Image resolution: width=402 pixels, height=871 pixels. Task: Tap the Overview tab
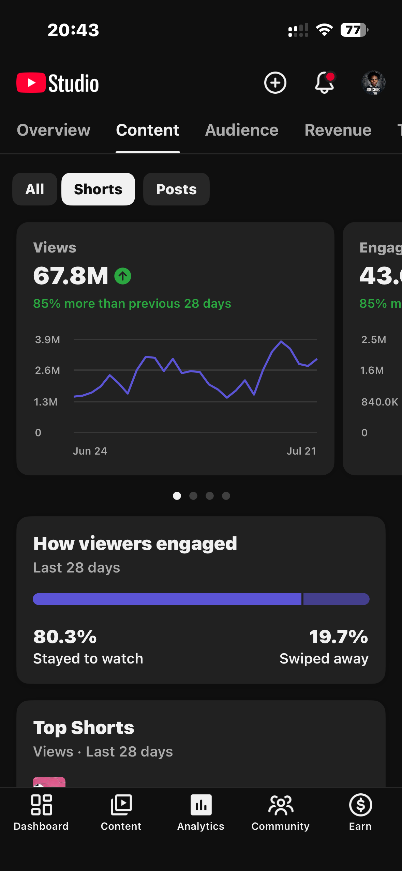pyautogui.click(x=54, y=130)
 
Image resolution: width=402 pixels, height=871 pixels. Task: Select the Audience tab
pyautogui.click(x=242, y=130)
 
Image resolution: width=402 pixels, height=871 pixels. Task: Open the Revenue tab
pyautogui.click(x=338, y=130)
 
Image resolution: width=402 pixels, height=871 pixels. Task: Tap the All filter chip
pyautogui.click(x=35, y=189)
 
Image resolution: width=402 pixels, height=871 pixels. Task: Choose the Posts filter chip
pyautogui.click(x=176, y=189)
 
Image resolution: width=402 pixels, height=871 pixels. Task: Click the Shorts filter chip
pyautogui.click(x=98, y=189)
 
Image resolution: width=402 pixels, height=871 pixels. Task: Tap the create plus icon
pyautogui.click(x=275, y=83)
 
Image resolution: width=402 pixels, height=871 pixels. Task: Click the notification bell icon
pyautogui.click(x=324, y=83)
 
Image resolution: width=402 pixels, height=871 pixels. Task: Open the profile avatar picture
pyautogui.click(x=373, y=83)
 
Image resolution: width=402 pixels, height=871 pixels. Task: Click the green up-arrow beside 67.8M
pyautogui.click(x=123, y=276)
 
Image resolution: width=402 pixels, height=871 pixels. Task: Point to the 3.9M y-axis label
pyautogui.click(x=47, y=339)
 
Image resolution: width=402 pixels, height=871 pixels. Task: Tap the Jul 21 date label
pyautogui.click(x=301, y=451)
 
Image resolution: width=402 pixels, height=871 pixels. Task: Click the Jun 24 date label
pyautogui.click(x=90, y=451)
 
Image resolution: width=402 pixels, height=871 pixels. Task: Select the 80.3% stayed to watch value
pyautogui.click(x=65, y=636)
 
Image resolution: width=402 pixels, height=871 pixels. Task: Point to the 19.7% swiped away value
pyautogui.click(x=339, y=636)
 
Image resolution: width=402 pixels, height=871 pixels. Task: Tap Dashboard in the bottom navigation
pyautogui.click(x=41, y=813)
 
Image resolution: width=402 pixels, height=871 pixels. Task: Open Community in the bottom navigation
pyautogui.click(x=281, y=813)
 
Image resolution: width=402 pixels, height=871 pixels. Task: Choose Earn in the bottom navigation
pyautogui.click(x=360, y=813)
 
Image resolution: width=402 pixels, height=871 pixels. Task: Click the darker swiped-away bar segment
pyautogui.click(x=336, y=599)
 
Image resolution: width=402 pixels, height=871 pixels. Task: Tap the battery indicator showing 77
pyautogui.click(x=354, y=30)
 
